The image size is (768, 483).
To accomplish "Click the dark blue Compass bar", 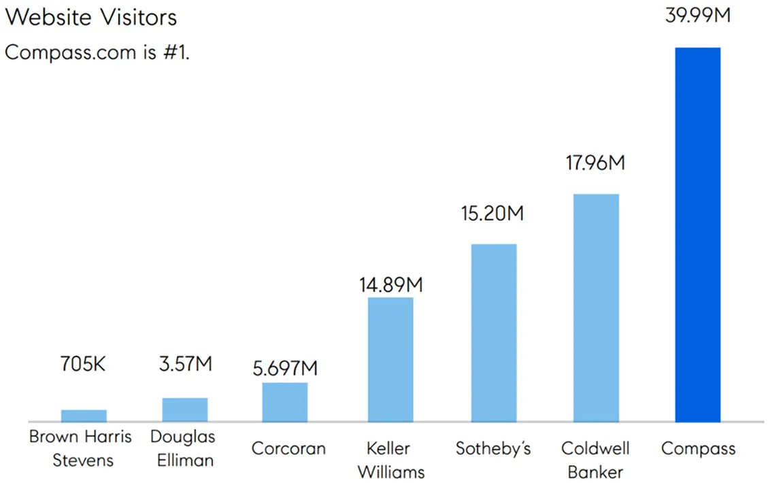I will click(697, 235).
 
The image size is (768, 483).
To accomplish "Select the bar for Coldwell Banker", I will click(596, 308).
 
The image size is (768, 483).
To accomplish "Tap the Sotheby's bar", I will click(494, 333).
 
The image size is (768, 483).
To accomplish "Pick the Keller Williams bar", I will click(390, 359).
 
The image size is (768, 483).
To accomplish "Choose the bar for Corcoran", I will click(285, 402).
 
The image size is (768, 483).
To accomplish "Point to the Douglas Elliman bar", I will click(184, 410).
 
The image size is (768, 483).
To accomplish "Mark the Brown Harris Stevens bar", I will click(84, 416).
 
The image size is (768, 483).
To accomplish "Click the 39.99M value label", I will click(697, 15).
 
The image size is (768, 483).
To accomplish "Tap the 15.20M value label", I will click(492, 214).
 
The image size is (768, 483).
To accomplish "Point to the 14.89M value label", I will click(391, 284).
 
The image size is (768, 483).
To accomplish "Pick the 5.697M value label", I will click(285, 369).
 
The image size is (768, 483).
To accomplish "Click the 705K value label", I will click(83, 365).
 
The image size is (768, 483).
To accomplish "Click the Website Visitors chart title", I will click(91, 17).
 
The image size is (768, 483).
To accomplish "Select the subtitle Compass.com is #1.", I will click(97, 52).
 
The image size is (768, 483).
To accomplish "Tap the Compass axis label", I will click(698, 449).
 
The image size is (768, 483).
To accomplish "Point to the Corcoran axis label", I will click(288, 449).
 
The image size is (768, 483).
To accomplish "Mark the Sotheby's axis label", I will click(493, 449).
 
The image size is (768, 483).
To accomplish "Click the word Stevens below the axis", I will click(83, 461).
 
